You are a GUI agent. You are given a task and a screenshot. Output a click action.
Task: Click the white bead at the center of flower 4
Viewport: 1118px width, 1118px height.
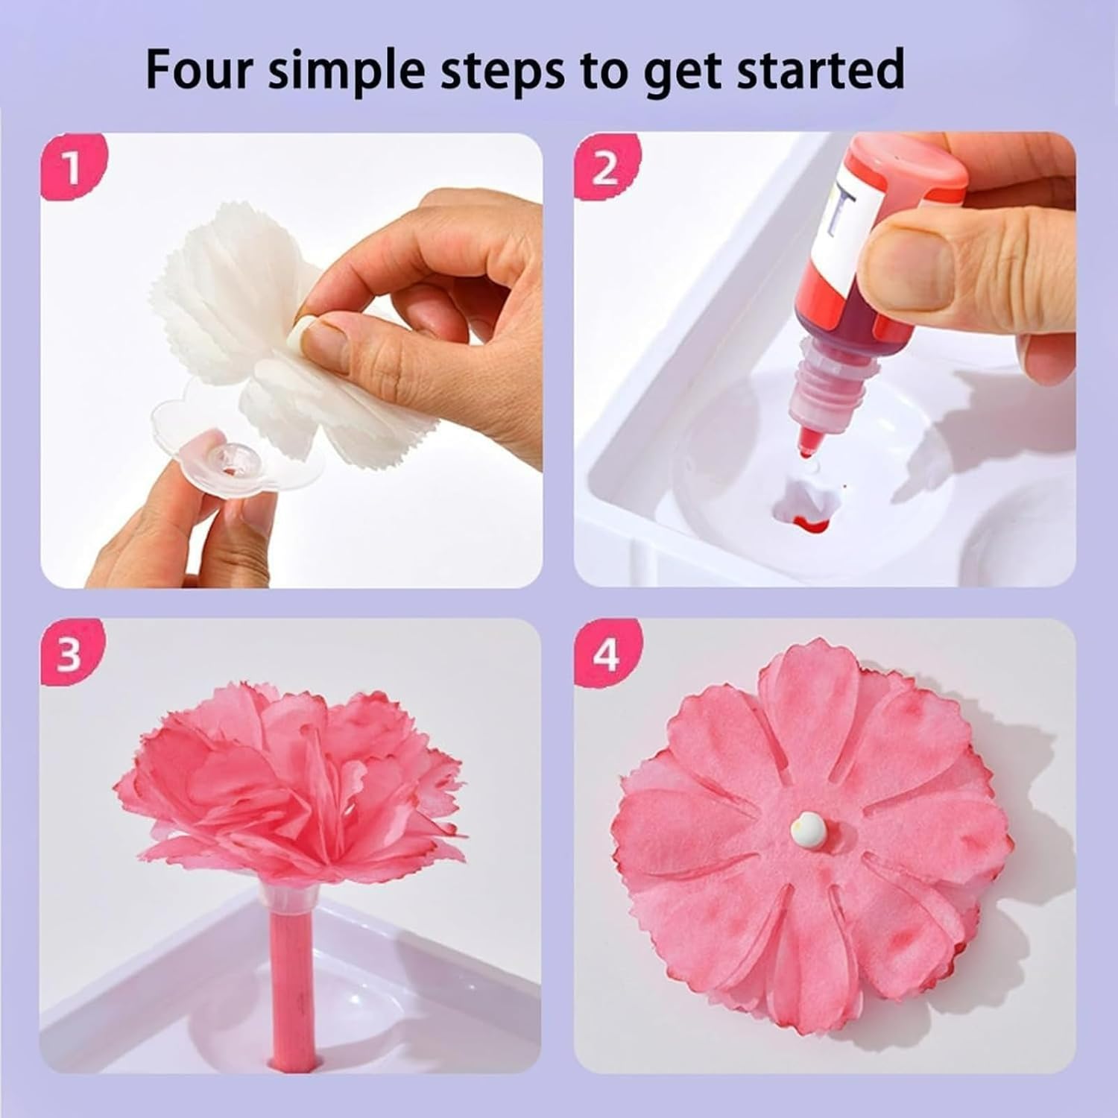pos(807,825)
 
